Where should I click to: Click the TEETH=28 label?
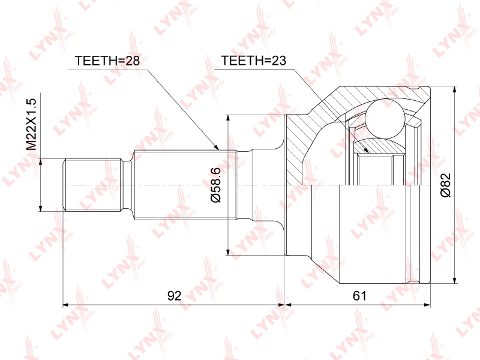pos(107,61)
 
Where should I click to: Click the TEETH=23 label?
pos(253,61)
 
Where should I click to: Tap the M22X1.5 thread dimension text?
pos(32,124)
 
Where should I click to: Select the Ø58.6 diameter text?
pos(216,185)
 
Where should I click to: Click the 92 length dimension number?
pos(175,296)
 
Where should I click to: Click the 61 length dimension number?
pos(359,296)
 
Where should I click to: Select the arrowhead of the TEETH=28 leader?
pos(217,148)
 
